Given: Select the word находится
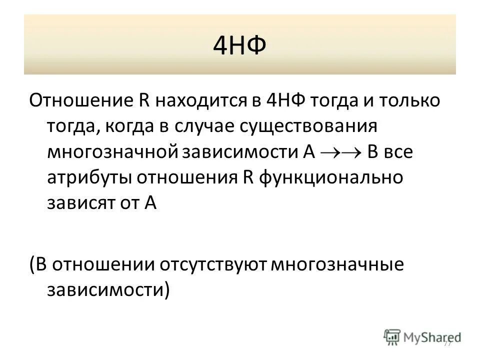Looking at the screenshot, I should tap(193, 100).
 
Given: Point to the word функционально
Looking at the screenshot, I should tap(331, 178).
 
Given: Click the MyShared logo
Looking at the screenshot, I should tap(422, 337).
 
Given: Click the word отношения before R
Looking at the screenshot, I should tap(184, 178).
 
